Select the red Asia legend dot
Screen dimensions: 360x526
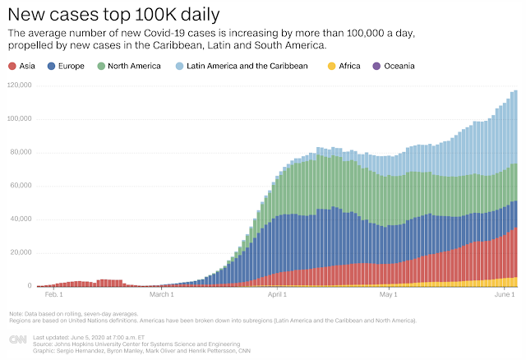[x=12, y=65]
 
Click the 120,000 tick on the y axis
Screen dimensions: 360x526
[x=19, y=85]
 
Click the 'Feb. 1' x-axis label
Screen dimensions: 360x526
[x=54, y=294]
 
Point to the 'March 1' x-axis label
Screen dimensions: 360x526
[x=162, y=294]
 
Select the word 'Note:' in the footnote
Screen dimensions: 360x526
[x=16, y=313]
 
